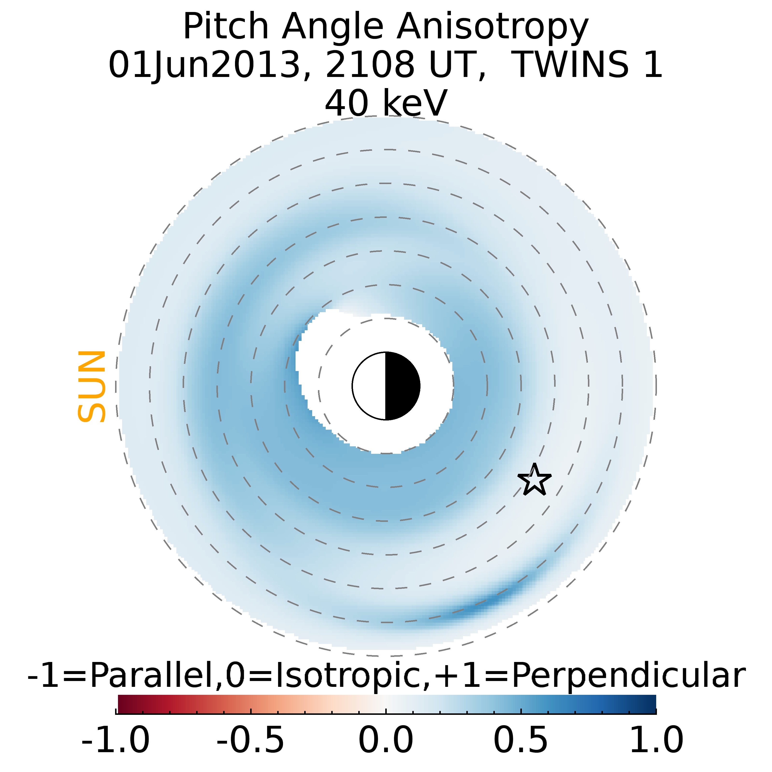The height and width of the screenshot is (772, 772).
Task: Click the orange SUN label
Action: (91, 386)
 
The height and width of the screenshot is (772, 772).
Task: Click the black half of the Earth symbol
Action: (402, 386)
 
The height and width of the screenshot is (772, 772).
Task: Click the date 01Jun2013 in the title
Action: (204, 65)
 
